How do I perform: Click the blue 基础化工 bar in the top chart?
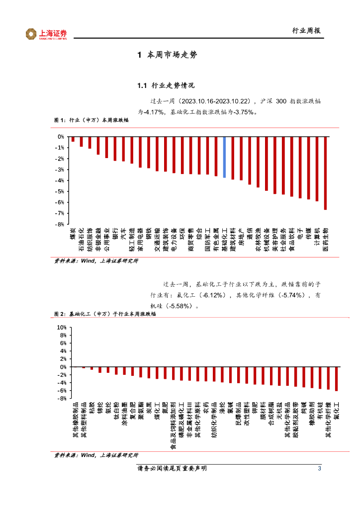(x=224, y=157)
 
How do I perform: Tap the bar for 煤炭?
(x=73, y=139)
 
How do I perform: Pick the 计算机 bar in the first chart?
(x=317, y=169)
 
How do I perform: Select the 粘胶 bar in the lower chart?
(x=91, y=368)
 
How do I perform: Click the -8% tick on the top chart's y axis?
(x=60, y=224)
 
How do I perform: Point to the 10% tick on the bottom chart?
(x=62, y=328)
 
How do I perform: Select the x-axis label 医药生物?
(x=325, y=240)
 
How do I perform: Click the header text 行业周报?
(x=306, y=30)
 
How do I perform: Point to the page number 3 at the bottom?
(x=319, y=469)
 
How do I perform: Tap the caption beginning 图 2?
(x=94, y=314)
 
